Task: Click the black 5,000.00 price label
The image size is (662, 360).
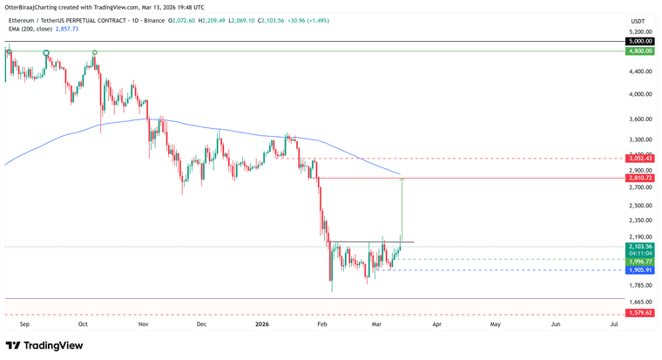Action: pos(641,41)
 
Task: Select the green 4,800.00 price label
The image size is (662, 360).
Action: pos(641,51)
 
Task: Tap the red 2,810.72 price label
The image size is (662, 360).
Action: pos(641,178)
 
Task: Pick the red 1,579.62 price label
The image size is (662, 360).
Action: pos(641,313)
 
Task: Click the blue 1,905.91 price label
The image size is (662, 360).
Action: pos(641,270)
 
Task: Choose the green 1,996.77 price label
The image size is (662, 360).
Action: pos(641,261)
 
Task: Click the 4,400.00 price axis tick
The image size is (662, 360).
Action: pos(641,71)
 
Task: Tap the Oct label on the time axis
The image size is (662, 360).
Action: pos(83,323)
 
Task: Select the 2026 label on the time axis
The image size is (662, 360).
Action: pos(262,323)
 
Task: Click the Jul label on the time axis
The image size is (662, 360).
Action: pos(614,323)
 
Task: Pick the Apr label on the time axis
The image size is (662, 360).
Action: pos(436,323)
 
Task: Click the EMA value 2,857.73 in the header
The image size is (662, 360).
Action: pos(66,28)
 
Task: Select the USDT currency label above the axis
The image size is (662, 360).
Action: pos(638,20)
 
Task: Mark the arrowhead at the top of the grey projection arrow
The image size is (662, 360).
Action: pos(402,180)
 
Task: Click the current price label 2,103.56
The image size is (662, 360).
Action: pos(641,247)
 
